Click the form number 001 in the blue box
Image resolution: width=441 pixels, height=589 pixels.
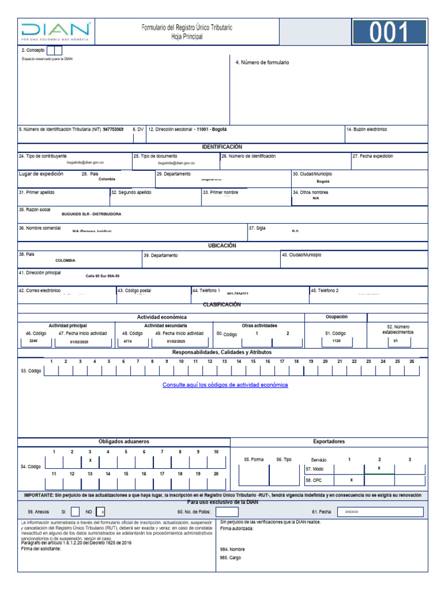click(389, 33)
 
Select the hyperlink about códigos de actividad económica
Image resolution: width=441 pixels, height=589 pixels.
click(225, 385)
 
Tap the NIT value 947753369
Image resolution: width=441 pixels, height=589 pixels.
click(113, 129)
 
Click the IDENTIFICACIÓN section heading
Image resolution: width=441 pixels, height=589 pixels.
click(222, 147)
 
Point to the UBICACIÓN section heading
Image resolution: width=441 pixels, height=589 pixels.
click(222, 246)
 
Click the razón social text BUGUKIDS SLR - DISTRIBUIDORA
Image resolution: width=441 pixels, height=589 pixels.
click(91, 214)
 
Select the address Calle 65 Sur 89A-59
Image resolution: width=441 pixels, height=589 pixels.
click(103, 276)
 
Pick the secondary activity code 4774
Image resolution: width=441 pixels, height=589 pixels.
click(127, 341)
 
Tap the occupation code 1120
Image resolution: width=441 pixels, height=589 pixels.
click(336, 341)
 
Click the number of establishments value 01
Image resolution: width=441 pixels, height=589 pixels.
click(396, 341)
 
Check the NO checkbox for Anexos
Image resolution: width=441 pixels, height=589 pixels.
click(100, 511)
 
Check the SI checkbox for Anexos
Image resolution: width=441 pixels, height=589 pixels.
click(75, 511)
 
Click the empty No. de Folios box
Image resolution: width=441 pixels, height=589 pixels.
click(227, 511)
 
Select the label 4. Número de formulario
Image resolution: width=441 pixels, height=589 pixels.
click(262, 63)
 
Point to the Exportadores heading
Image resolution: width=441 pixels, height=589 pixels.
click(329, 442)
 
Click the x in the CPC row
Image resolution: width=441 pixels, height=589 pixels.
click(351, 480)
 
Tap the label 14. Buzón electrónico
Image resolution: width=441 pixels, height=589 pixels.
click(366, 129)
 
